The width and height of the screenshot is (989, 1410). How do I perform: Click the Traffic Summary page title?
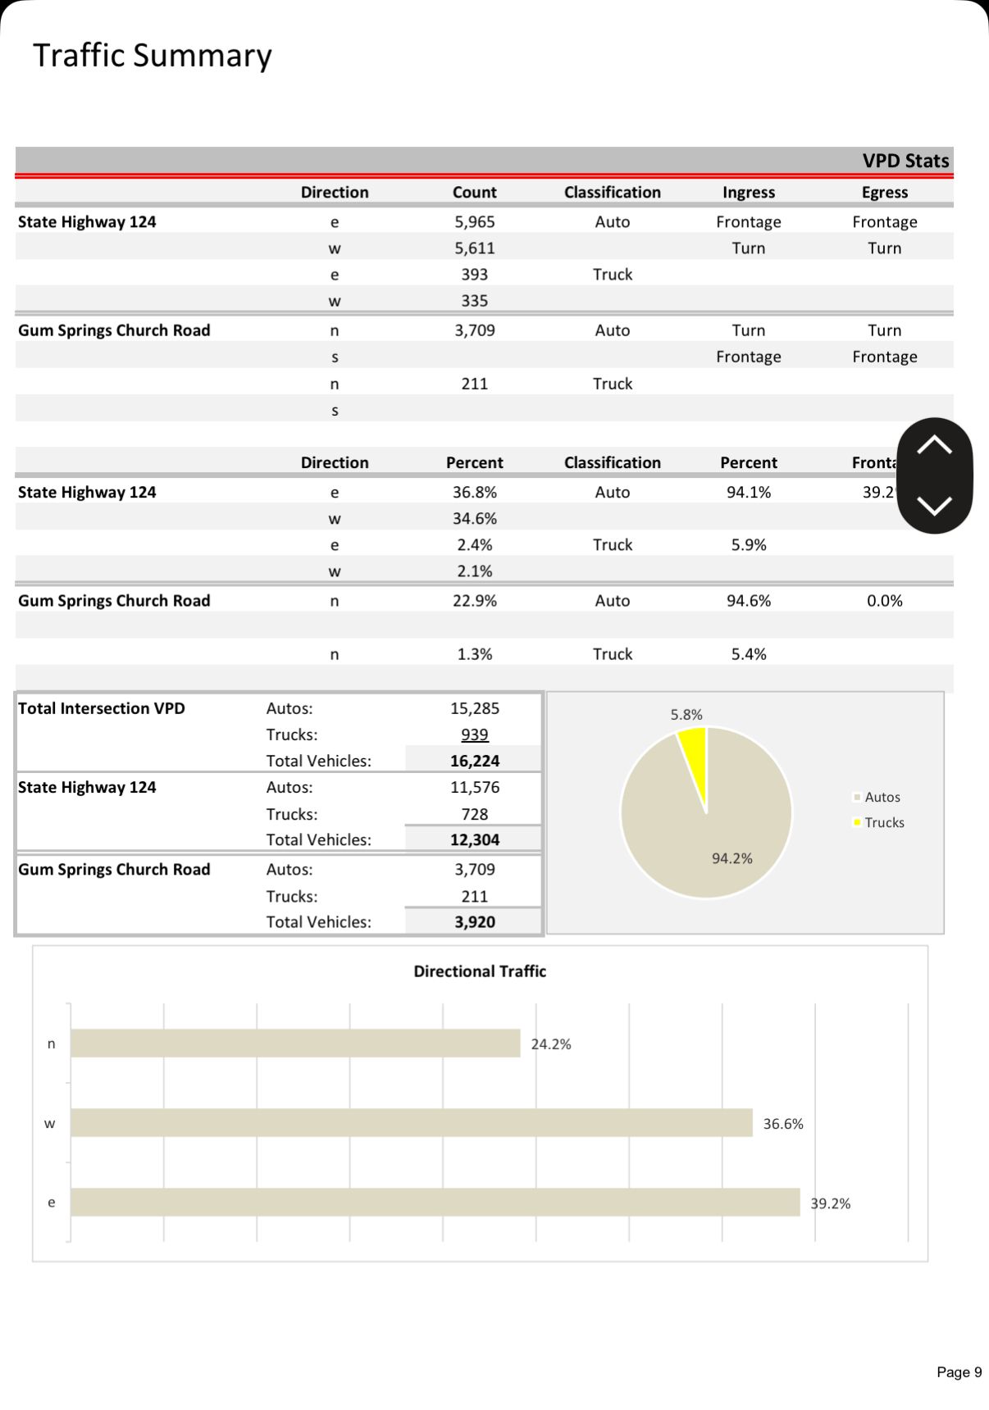pos(153,56)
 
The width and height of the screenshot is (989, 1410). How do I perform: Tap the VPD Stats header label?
pos(905,161)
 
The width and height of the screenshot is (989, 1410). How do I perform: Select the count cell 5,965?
pos(474,222)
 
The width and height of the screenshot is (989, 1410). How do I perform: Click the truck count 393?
pos(474,275)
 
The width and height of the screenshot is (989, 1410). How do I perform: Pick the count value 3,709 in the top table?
pos(474,330)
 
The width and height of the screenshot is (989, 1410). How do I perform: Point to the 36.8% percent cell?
pos(474,493)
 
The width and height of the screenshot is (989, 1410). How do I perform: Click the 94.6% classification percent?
pos(748,601)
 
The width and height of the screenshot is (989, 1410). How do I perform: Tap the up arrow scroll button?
pos(934,446)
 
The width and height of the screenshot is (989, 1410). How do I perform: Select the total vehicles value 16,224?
pos(474,761)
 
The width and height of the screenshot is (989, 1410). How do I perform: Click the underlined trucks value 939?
pos(474,735)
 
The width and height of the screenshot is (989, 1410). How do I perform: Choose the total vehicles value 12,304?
pos(474,839)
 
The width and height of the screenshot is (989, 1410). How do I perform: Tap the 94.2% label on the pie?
pos(731,858)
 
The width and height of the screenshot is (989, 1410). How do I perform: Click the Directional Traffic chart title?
pos(480,971)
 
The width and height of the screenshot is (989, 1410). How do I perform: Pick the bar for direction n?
pos(295,1044)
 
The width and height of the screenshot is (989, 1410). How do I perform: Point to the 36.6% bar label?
pos(782,1124)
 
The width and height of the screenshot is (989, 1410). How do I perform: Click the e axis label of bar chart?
pos(51,1203)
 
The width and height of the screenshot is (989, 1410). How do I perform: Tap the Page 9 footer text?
pos(959,1372)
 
